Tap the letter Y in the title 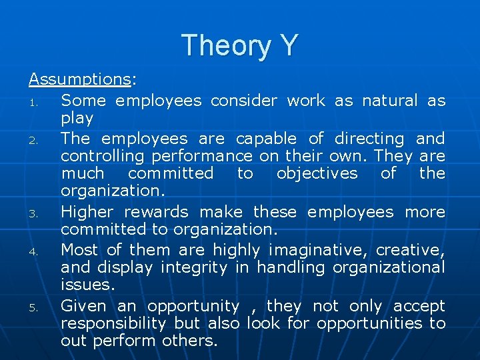[x=287, y=45]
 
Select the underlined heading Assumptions [x=79, y=79]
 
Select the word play [x=77, y=119]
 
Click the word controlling [x=102, y=157]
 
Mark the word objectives [x=317, y=174]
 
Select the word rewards [x=161, y=212]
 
